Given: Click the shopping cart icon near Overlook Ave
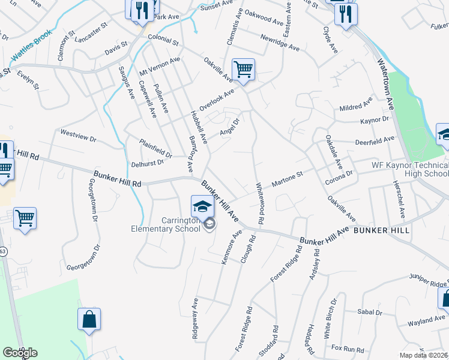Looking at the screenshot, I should click(x=243, y=70).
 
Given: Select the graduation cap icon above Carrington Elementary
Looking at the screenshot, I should click(x=203, y=206).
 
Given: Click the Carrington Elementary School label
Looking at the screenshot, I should click(x=166, y=225).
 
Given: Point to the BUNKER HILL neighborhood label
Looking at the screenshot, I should click(x=381, y=230).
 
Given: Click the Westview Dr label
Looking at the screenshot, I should click(x=79, y=135).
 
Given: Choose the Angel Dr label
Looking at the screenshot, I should click(x=230, y=125).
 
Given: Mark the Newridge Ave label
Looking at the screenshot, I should click(x=280, y=41).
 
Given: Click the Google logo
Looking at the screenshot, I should click(x=20, y=352).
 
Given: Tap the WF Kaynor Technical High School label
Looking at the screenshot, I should click(x=410, y=169).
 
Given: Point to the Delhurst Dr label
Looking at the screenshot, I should click(x=147, y=163).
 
